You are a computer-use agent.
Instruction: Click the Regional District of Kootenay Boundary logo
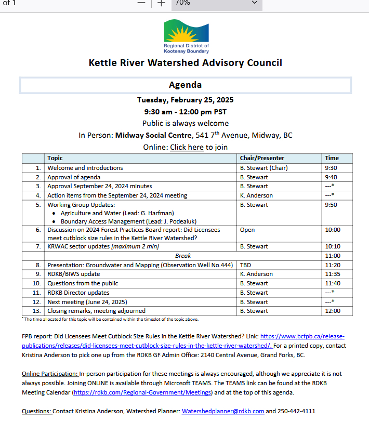pos(186,36)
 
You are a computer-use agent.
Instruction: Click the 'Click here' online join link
pos(187,147)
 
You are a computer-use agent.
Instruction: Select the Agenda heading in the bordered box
pos(185,85)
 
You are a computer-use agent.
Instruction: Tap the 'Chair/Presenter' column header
pos(262,158)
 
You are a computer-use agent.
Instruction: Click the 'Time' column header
pos(332,158)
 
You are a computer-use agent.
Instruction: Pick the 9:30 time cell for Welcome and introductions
pos(331,168)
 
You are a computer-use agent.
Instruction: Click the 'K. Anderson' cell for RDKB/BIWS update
pos(256,274)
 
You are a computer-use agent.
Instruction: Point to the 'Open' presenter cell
pos(247,229)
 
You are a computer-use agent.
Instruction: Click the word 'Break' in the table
pos(183,256)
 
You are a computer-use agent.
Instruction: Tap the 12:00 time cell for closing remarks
pos(333,311)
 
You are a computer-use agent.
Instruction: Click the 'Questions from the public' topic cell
pos(83,283)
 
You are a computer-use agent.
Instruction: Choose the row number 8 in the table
pos(38,265)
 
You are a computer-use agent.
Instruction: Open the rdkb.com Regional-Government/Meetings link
pos(142,392)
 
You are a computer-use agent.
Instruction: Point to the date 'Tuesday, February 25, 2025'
pos(185,100)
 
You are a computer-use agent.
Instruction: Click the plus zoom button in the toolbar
pos(161,3)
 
